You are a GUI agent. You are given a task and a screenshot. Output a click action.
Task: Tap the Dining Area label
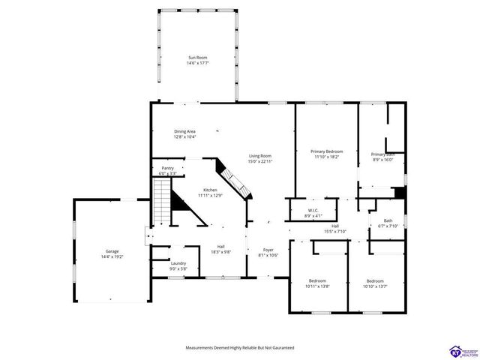coord(185,131)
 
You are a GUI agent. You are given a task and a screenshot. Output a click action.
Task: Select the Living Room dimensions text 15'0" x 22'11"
coord(260,161)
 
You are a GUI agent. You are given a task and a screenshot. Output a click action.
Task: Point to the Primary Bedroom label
coord(327,151)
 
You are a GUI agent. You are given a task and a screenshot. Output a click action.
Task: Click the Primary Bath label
coord(382,154)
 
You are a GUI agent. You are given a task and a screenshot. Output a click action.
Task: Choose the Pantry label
coord(167,169)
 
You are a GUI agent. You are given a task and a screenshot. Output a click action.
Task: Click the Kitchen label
coord(211,190)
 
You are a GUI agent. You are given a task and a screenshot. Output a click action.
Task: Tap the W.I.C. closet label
coord(313,211)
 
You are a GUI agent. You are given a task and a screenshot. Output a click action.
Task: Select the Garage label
coord(112,251)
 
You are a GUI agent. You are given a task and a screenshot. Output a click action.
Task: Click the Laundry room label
coord(178,263)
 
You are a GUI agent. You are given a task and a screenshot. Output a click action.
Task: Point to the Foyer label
coord(268,250)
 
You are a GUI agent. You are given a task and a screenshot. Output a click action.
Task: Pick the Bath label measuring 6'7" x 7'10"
coord(388,220)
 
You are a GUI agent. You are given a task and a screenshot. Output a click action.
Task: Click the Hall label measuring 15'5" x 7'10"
coord(335,226)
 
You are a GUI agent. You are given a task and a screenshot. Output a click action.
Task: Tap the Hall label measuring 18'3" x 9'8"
coord(221,247)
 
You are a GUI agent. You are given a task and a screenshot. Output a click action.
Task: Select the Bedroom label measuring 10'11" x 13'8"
coord(317,280)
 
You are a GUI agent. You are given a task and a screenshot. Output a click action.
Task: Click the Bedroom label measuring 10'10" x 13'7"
coord(375,280)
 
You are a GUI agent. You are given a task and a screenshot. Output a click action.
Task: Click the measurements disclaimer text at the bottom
coord(240,348)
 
